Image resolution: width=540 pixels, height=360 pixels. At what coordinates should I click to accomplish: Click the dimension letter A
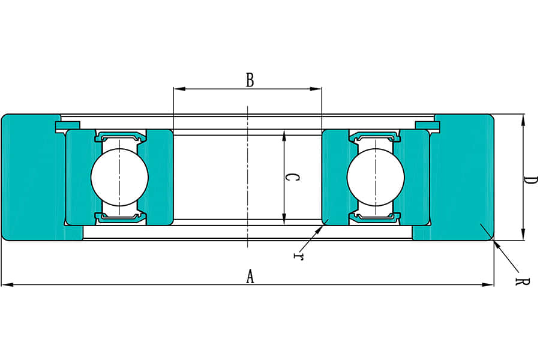pyautogui.click(x=250, y=277)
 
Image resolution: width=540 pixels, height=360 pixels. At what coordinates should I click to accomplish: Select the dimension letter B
pyautogui.click(x=250, y=80)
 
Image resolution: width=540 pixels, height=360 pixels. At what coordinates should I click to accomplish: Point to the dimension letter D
pyautogui.click(x=530, y=180)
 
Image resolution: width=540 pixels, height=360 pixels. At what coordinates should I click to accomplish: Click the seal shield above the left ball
pyautogui.click(x=119, y=136)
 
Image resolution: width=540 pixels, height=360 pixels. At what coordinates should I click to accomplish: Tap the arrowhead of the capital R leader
pyautogui.click(x=496, y=243)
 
